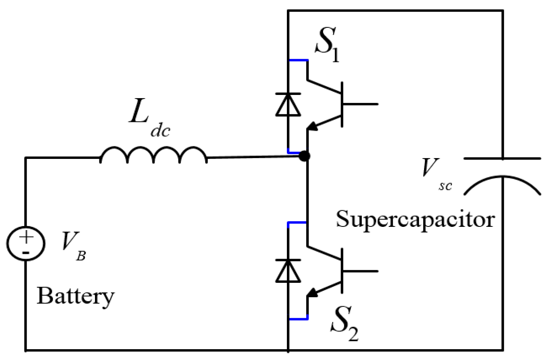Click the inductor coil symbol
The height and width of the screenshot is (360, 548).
click(x=153, y=155)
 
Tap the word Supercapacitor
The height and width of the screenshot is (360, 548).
click(x=415, y=220)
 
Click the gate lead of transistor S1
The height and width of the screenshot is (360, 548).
click(x=360, y=104)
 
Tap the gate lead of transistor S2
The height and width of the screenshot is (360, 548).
click(x=360, y=271)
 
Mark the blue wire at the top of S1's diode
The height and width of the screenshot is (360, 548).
click(x=298, y=60)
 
